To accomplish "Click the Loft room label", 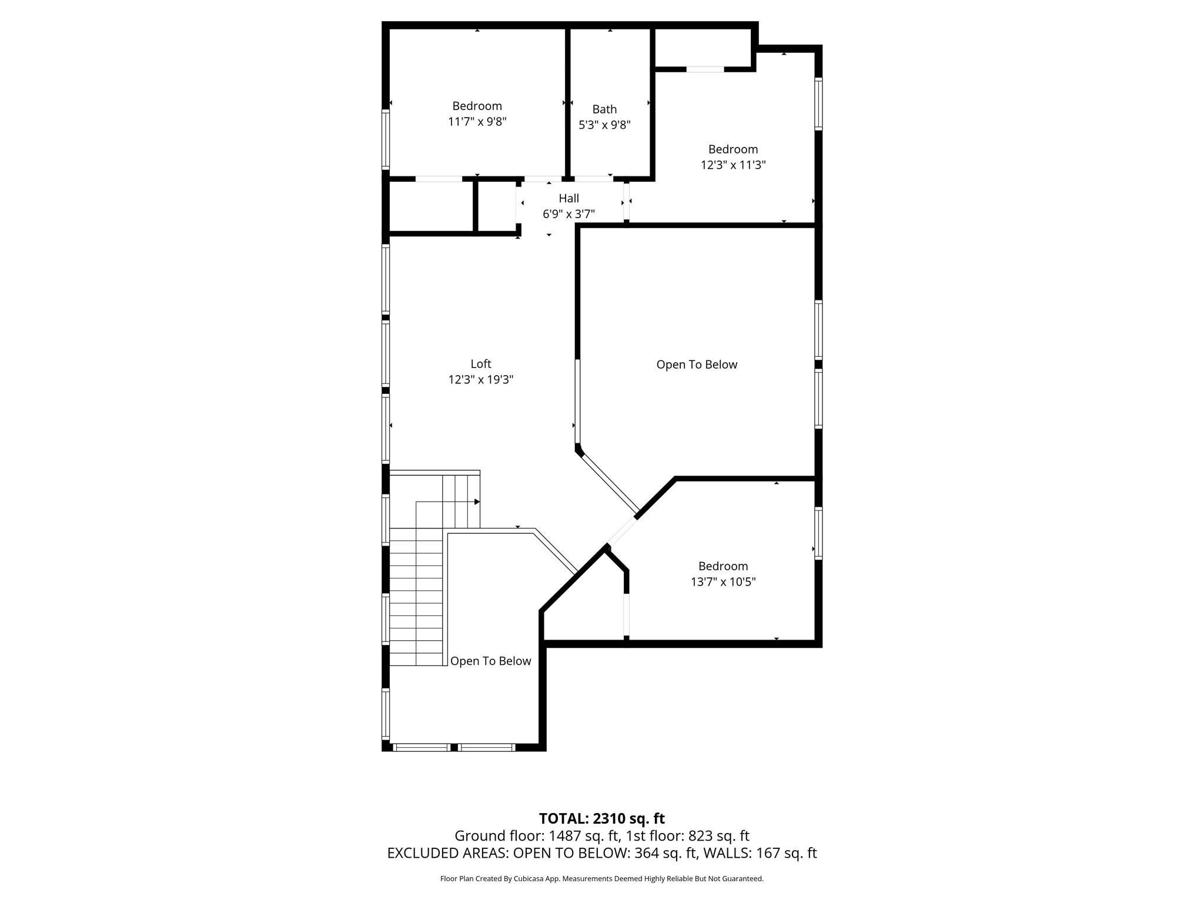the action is (481, 364).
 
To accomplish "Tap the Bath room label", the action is (604, 109).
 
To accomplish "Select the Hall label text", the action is (568, 199).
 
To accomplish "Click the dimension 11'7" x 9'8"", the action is (477, 122).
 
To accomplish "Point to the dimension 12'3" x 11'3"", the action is (733, 165).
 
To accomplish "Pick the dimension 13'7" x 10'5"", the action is (723, 582).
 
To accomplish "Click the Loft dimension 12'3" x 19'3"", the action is (481, 380).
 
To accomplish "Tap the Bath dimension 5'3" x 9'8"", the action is (604, 125).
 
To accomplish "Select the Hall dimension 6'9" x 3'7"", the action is (568, 214).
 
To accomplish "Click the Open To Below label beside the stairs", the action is (491, 661).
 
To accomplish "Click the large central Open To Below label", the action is (697, 365).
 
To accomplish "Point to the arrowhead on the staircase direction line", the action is (477, 502).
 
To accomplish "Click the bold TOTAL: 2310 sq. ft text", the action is (602, 818).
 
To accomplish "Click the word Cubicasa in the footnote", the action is (527, 879).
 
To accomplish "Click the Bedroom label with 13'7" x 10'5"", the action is (723, 566).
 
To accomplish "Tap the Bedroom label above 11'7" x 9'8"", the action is (477, 106).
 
